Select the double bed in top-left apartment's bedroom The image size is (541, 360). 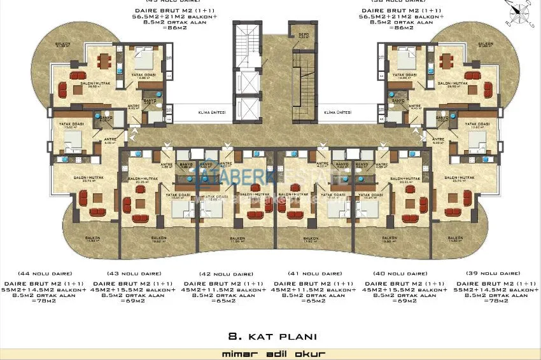pyautogui.click(x=144, y=62)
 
